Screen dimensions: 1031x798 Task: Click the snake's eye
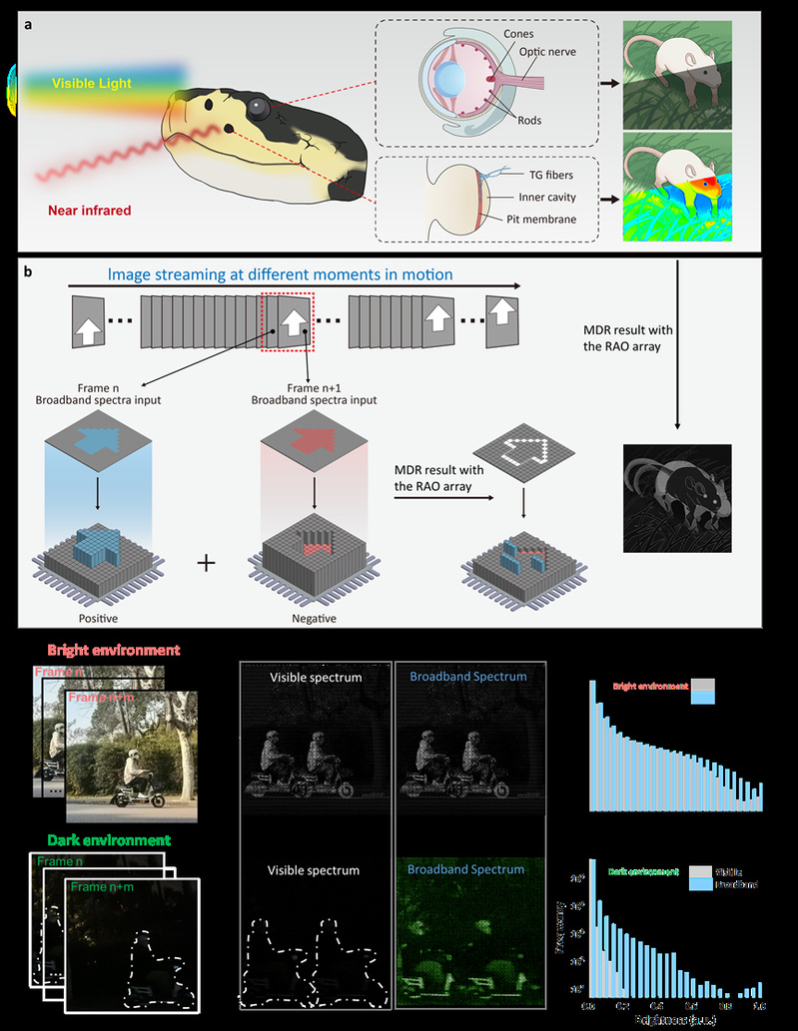[x=261, y=104]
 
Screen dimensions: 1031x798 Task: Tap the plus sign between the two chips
[x=206, y=564]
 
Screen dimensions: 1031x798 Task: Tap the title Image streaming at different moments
[x=282, y=274]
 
